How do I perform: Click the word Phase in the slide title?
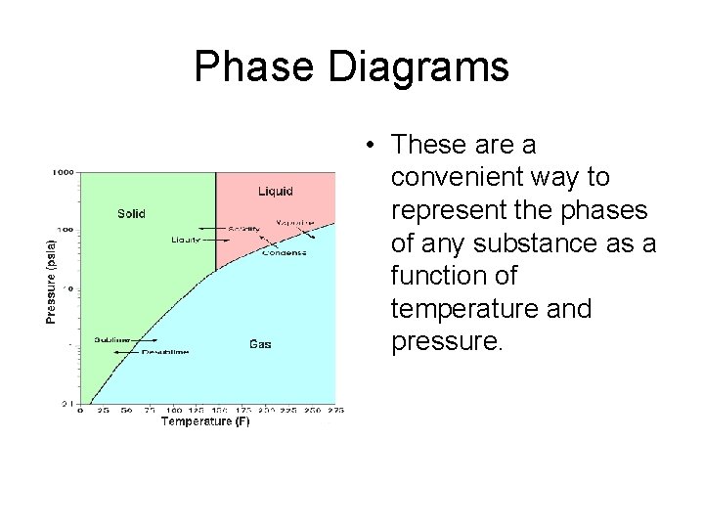(x=254, y=67)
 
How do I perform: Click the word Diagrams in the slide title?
(x=418, y=67)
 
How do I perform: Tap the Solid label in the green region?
(x=131, y=213)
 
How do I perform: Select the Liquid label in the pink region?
(x=275, y=191)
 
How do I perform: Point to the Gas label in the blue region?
(x=260, y=344)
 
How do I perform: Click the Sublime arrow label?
(x=111, y=340)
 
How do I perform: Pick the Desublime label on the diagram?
(x=165, y=351)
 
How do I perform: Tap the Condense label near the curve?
(x=284, y=252)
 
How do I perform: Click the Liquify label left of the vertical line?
(x=186, y=240)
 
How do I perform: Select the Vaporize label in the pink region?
(x=294, y=223)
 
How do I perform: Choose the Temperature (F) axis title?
(x=204, y=421)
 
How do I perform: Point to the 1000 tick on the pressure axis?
(x=64, y=173)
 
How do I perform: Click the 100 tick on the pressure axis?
(x=66, y=231)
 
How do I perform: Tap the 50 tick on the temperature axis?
(x=126, y=411)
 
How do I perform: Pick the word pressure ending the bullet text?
(x=444, y=342)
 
